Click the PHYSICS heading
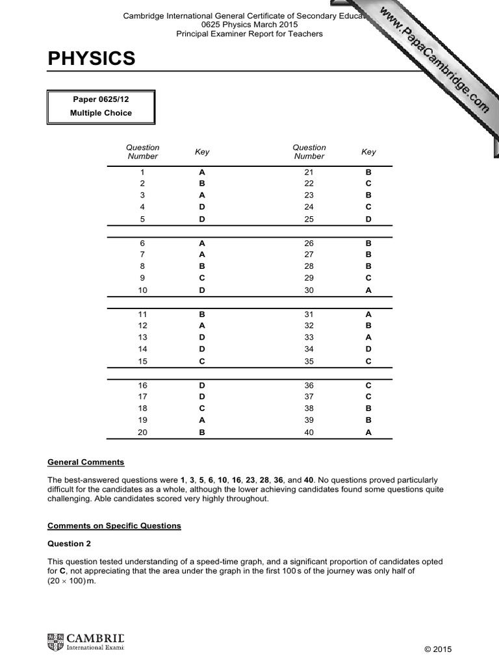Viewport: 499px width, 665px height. (92, 59)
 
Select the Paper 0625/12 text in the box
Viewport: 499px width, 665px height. (101, 99)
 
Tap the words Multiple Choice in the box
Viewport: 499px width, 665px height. (101, 113)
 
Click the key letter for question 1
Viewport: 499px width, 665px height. (202, 173)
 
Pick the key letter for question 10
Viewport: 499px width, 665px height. (202, 290)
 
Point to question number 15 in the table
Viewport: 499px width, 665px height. (143, 361)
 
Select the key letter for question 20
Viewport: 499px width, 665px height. (202, 432)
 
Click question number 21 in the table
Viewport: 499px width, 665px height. (309, 173)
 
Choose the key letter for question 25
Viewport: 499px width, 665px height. (368, 220)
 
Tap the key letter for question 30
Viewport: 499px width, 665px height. (368, 290)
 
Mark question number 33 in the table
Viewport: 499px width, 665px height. (309, 338)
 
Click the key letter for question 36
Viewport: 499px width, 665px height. (368, 385)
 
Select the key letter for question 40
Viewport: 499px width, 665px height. (368, 432)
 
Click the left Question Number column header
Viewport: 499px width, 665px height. (143, 152)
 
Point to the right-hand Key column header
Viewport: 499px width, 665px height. (368, 152)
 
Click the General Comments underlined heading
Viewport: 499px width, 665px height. (86, 462)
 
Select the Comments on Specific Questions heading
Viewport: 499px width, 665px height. (114, 525)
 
